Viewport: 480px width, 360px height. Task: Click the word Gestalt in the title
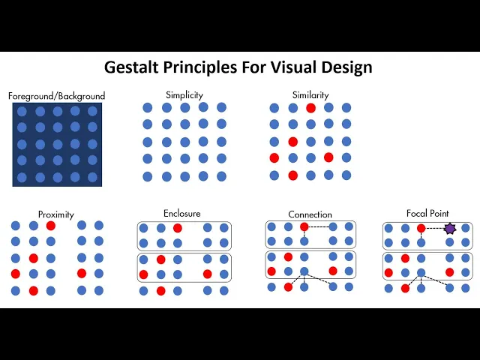130,67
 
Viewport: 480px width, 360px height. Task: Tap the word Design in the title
344,67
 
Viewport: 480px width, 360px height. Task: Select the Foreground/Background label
56,96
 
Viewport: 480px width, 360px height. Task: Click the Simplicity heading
184,94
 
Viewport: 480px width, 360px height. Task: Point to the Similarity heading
310,95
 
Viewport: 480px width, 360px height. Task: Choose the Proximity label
56,214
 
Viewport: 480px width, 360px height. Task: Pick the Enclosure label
182,214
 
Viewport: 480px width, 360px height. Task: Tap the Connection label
310,214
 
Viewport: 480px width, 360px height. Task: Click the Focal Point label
427,214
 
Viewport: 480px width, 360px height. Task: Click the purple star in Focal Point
449,228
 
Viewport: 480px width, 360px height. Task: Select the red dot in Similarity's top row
310,108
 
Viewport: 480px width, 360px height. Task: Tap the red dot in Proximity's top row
50,226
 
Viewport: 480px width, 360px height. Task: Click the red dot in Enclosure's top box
178,228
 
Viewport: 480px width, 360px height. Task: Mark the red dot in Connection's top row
304,226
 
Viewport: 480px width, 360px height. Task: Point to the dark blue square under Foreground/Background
57,144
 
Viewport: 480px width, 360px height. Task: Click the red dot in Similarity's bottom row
292,175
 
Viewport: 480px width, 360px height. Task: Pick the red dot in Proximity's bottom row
33,290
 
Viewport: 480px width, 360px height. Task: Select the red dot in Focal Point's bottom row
405,288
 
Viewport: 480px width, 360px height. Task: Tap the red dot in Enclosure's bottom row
160,290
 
